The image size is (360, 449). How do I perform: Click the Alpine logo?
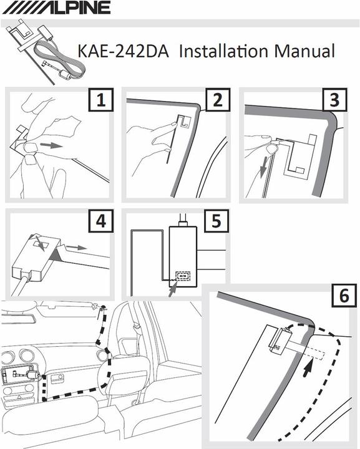pyautogui.click(x=56, y=7)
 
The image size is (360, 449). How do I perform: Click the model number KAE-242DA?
pyautogui.click(x=123, y=51)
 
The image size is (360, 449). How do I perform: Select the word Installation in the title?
pyautogui.click(x=224, y=51)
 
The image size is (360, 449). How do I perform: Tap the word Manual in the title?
pyautogui.click(x=304, y=51)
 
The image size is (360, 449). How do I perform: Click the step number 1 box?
pyautogui.click(x=100, y=100)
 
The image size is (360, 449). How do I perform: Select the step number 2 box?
pyautogui.click(x=218, y=100)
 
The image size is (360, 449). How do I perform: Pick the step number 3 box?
pyautogui.click(x=334, y=100)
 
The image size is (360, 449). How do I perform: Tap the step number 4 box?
pyautogui.click(x=100, y=221)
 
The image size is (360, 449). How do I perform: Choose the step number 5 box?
pyautogui.click(x=216, y=221)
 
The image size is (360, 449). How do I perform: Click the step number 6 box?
pyautogui.click(x=344, y=295)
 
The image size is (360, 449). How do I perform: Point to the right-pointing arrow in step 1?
pyautogui.click(x=51, y=145)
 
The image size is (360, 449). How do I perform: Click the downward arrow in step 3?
pyautogui.click(x=263, y=167)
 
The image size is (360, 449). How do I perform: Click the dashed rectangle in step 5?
pyautogui.click(x=183, y=276)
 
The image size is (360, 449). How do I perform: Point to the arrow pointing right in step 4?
pyautogui.click(x=76, y=247)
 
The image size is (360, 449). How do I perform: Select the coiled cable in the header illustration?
pyautogui.click(x=59, y=60)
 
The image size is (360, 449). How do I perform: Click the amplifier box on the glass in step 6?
pyautogui.click(x=281, y=340)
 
